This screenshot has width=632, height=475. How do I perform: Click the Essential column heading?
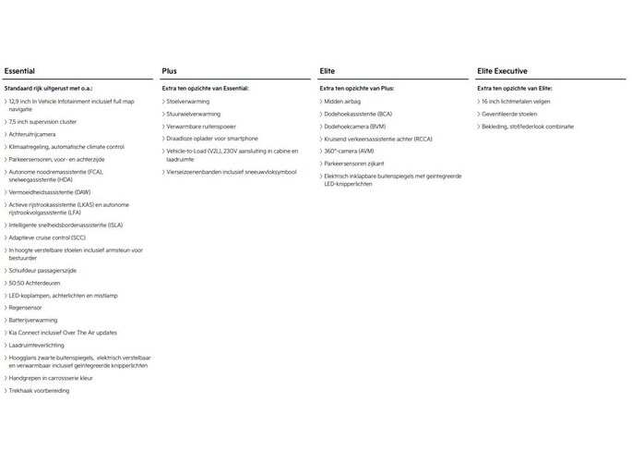19,70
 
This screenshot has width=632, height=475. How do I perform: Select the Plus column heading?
169,70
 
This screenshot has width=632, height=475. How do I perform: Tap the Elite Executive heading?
504,70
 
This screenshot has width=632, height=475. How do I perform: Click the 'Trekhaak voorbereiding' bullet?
40,390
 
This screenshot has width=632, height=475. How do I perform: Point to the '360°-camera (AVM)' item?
350,150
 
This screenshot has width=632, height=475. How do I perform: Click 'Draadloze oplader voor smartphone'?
213,138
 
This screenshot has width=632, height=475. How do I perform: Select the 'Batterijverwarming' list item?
34,320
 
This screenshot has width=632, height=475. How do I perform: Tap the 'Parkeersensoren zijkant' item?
356,162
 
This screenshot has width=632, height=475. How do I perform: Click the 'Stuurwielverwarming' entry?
194,113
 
